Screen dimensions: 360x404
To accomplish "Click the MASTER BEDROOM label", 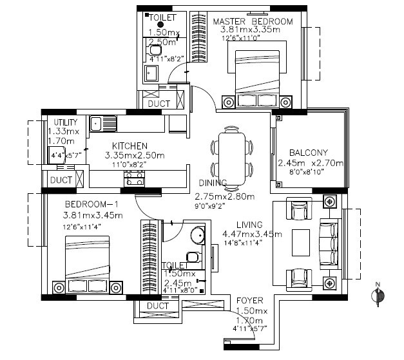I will point(253,21).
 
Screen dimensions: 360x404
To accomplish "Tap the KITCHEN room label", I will point(130,146).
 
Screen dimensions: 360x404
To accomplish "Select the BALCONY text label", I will point(309,153).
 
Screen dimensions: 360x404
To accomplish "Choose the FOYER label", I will point(249,301).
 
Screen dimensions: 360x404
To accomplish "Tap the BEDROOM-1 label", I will point(90,205).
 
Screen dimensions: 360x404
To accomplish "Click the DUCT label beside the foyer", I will point(158,306).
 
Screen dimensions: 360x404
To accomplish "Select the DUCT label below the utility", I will point(61,181).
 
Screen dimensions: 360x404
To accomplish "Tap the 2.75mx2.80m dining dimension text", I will point(224,196).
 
